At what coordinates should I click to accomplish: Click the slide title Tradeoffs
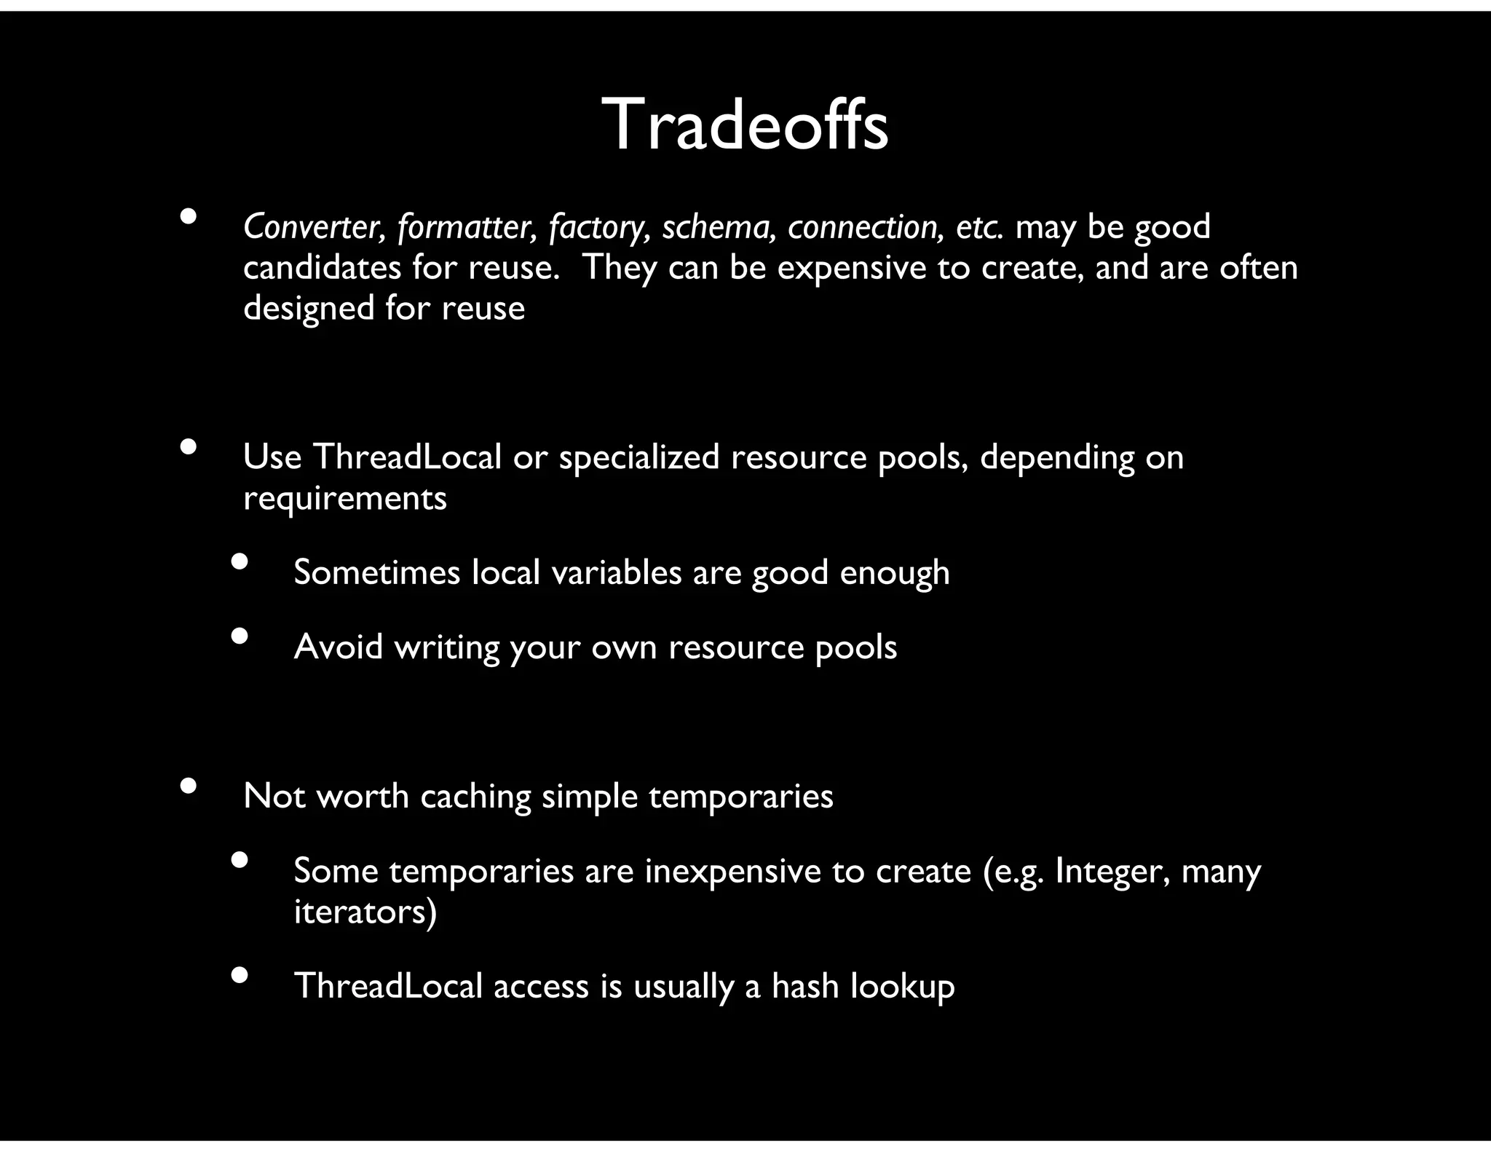click(x=744, y=125)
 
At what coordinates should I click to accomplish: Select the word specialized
click(x=638, y=458)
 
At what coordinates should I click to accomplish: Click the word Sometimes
click(x=376, y=572)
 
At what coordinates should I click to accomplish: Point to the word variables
click(x=616, y=572)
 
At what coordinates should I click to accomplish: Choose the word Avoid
click(x=338, y=647)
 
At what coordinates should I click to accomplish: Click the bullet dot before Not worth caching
click(x=189, y=786)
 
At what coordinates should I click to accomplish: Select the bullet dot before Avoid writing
click(x=240, y=636)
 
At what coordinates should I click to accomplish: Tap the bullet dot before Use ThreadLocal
click(x=189, y=447)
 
